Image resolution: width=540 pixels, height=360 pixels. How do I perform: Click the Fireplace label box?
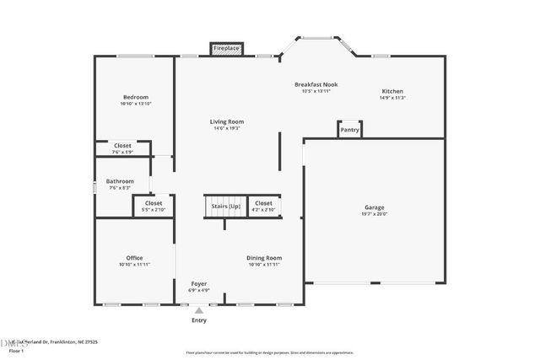pyautogui.click(x=226, y=49)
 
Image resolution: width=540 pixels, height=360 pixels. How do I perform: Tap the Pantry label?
pyautogui.click(x=350, y=130)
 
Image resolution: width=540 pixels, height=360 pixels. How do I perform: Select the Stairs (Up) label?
pyautogui.click(x=223, y=207)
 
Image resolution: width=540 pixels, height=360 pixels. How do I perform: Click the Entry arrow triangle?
pyautogui.click(x=199, y=311)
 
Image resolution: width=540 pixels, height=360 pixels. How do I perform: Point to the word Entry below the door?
pyautogui.click(x=199, y=320)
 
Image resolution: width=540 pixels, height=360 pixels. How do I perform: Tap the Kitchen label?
pyautogui.click(x=392, y=91)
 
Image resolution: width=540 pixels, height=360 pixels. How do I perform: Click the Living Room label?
pyautogui.click(x=227, y=122)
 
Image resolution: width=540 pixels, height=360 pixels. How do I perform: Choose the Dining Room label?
pyautogui.click(x=264, y=258)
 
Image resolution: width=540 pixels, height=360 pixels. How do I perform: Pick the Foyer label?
pyautogui.click(x=198, y=284)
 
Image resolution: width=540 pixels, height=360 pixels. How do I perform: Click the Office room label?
pyautogui.click(x=135, y=258)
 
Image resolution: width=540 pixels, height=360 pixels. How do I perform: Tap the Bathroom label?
pyautogui.click(x=120, y=181)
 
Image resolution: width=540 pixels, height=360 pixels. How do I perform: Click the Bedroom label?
pyautogui.click(x=136, y=97)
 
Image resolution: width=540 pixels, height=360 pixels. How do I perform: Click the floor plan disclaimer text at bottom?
pyautogui.click(x=269, y=352)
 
